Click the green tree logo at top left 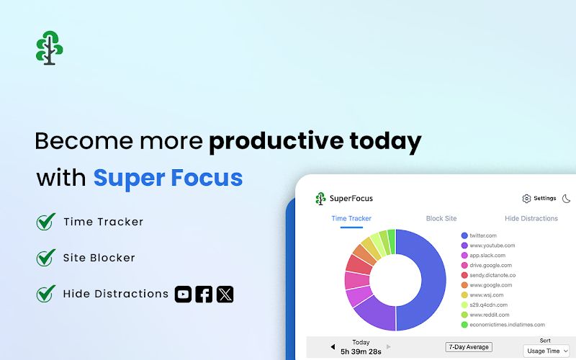pos(49,48)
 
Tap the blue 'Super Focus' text pos(168,177)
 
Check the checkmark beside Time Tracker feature pos(46,222)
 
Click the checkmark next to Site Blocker pos(46,258)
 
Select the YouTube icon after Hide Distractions pos(184,294)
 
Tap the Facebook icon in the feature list pos(204,294)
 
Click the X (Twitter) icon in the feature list pos(225,294)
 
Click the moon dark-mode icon pos(566,199)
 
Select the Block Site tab pos(441,218)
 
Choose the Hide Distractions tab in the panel pos(531,218)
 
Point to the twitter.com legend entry pos(482,235)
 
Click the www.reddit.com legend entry pos(489,315)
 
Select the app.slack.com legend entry pos(487,256)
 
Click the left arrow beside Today pos(333,347)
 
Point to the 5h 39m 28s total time pos(361,351)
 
